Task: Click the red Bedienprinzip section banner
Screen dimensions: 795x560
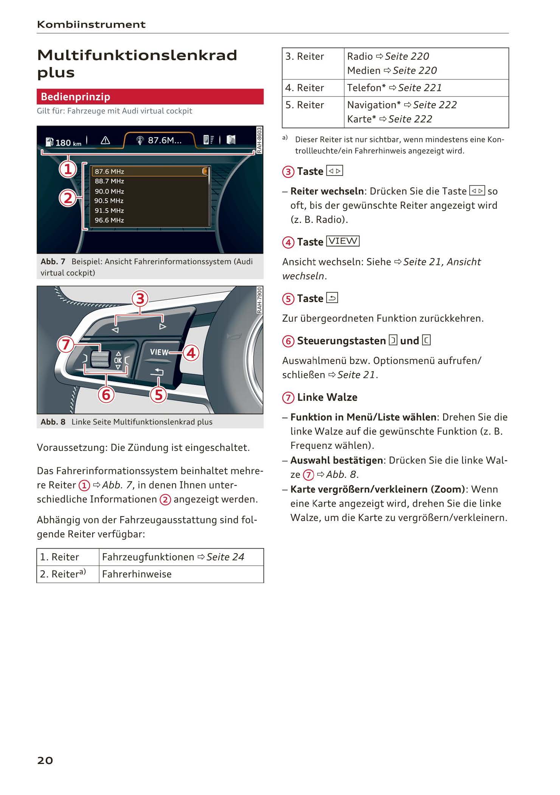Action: tap(150, 97)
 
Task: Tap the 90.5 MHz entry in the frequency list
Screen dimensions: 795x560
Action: tap(109, 201)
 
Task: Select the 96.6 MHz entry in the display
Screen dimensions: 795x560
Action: tap(109, 220)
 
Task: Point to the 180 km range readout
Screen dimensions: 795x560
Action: tap(64, 143)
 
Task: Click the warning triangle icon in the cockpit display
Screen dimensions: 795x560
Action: tap(105, 140)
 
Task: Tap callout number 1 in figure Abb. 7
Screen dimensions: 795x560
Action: tap(68, 169)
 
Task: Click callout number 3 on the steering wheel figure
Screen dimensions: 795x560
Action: tap(140, 299)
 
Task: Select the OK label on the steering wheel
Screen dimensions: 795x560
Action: tap(118, 361)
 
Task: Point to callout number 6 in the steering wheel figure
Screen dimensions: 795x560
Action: tap(106, 395)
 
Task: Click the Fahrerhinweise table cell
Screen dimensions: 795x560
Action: tap(137, 574)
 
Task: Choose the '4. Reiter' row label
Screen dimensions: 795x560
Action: tap(305, 88)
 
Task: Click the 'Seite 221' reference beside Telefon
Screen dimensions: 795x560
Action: tap(420, 88)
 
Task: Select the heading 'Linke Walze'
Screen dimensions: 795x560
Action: tap(327, 397)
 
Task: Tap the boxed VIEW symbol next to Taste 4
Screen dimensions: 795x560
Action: tap(343, 241)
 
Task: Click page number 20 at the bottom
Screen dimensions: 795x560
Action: tap(45, 760)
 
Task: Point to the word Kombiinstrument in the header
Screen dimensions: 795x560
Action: tap(91, 25)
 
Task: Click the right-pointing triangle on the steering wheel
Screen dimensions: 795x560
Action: tap(163, 326)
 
